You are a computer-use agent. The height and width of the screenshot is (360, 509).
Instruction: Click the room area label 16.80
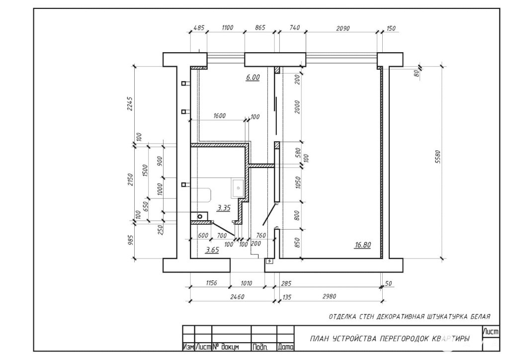362,245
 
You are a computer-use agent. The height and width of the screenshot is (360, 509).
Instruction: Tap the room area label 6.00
253,77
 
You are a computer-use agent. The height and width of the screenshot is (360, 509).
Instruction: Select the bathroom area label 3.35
224,208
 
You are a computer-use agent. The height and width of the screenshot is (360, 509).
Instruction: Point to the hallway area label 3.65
212,250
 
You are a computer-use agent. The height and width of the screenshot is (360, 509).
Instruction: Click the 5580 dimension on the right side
437,157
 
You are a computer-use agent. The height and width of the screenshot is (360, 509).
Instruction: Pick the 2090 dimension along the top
343,28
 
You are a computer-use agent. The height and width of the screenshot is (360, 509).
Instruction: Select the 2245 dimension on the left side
130,103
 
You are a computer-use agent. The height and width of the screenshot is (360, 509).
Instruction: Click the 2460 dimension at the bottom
237,297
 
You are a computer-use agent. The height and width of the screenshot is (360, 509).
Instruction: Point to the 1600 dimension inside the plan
219,116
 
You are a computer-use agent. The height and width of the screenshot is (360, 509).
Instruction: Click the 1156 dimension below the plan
211,283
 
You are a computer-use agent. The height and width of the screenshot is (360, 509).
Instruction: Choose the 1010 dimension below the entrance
246,283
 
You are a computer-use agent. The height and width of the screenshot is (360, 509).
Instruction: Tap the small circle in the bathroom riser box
200,216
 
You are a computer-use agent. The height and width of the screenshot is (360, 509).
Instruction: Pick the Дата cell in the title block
286,347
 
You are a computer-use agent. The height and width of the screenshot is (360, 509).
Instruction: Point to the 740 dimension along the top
294,28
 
